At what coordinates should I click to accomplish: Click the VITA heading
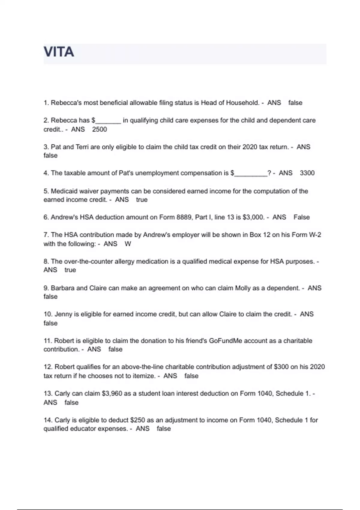pyautogui.click(x=59, y=52)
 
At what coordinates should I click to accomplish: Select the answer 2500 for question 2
pyautogui.click(x=99, y=129)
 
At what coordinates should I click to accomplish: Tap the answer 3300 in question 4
pyautogui.click(x=307, y=173)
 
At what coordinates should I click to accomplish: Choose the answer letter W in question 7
pyautogui.click(x=128, y=244)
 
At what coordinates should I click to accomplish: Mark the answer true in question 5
pyautogui.click(x=142, y=200)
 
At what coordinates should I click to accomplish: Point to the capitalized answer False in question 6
pyautogui.click(x=301, y=217)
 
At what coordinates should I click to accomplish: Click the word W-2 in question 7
pyautogui.click(x=315, y=235)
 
